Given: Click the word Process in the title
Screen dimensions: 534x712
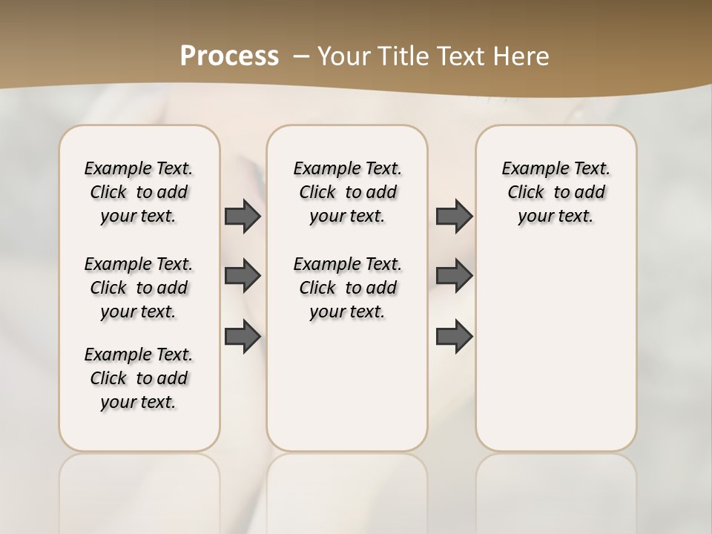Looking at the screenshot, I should click(229, 56).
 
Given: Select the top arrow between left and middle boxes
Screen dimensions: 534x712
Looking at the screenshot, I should click(243, 216).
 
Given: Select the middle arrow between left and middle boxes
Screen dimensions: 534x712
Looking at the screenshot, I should click(243, 276).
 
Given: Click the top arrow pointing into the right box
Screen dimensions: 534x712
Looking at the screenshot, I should click(454, 216).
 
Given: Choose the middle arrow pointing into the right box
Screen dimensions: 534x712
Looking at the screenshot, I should click(454, 276).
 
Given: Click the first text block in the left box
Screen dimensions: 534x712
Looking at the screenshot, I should click(139, 192).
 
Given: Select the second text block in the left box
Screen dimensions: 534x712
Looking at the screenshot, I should click(139, 288).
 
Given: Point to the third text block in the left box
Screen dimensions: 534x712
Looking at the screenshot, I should click(139, 378).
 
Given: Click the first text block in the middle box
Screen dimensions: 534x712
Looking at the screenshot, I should click(347, 192).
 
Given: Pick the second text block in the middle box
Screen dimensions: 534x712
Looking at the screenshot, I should click(347, 288).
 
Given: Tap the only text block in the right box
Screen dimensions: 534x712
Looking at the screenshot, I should click(556, 192).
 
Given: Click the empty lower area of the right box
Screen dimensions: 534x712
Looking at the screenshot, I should click(556, 349).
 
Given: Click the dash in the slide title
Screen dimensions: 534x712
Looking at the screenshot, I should click(301, 56).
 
